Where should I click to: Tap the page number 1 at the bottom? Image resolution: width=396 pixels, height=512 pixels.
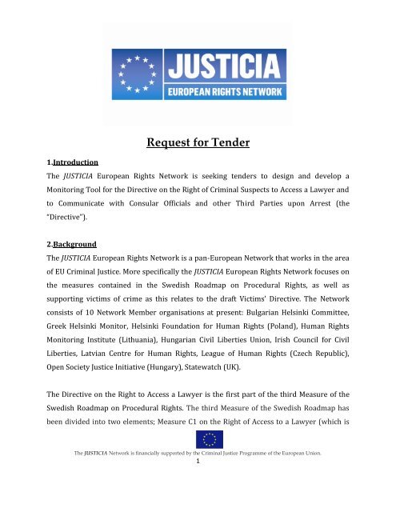pyautogui.click(x=198, y=506)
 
